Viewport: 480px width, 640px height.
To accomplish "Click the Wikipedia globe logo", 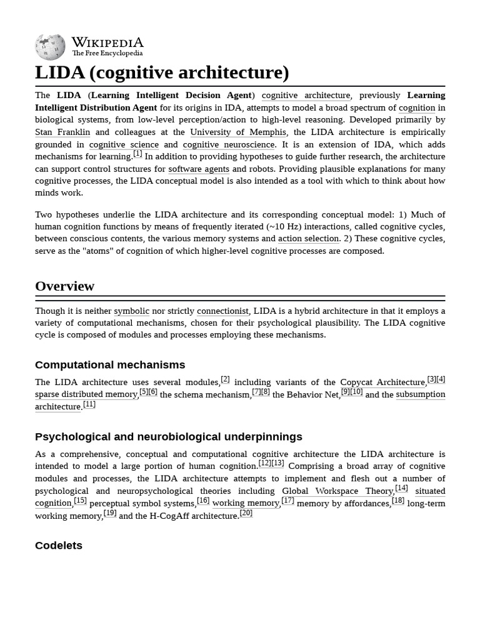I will (50, 47).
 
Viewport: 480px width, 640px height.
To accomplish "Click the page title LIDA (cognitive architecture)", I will (162, 72).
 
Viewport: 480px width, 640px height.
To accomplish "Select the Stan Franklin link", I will (62, 132).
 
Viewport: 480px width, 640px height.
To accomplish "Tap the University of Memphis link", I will (238, 132).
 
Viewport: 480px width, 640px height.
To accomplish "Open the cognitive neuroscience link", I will (228, 144).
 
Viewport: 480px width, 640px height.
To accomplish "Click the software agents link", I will (199, 169).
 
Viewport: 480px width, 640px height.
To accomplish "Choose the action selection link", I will (309, 239).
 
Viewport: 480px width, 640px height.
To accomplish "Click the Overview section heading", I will (64, 286).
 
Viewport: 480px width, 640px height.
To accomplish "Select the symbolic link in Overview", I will (131, 311).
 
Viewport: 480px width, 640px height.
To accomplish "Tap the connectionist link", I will (222, 311).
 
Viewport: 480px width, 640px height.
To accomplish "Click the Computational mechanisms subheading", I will (110, 365).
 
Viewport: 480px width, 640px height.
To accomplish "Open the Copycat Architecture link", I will (382, 382).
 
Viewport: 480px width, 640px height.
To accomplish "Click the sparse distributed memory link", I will (86, 394).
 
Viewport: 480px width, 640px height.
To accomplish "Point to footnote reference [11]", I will (89, 404).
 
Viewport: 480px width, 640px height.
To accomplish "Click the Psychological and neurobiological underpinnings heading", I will (169, 437).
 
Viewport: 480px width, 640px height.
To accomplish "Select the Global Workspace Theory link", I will (337, 491).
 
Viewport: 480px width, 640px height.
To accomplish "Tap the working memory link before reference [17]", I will (246, 503).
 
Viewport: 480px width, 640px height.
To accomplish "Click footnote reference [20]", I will (246, 513).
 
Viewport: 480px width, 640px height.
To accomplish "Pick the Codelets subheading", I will (59, 546).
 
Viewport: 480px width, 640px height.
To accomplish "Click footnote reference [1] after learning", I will (137, 154).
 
